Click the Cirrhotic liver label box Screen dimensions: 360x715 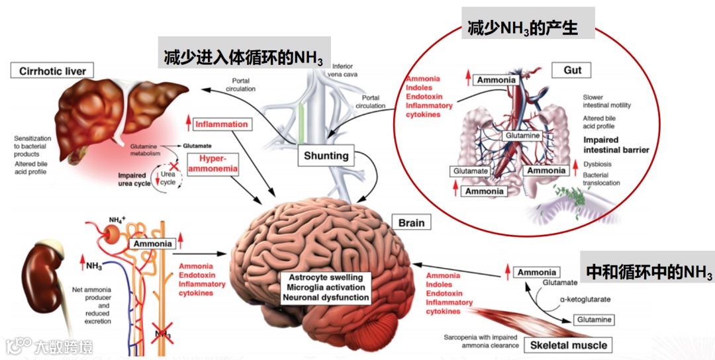click(x=52, y=71)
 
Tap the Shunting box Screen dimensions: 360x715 click(x=326, y=156)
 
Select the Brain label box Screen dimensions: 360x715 click(x=411, y=223)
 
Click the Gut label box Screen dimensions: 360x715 click(x=572, y=70)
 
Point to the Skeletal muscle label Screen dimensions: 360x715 click(x=568, y=345)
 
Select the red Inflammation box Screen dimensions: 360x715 click(x=222, y=124)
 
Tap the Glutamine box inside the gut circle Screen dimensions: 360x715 click(x=522, y=136)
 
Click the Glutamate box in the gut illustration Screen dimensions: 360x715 click(x=471, y=171)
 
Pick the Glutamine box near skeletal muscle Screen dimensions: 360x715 click(x=593, y=320)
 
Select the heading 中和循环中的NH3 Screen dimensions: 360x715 click(x=649, y=272)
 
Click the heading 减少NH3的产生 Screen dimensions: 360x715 click(x=528, y=28)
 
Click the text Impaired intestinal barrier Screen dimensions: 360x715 click(x=616, y=145)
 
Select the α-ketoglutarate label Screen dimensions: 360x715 click(x=585, y=299)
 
